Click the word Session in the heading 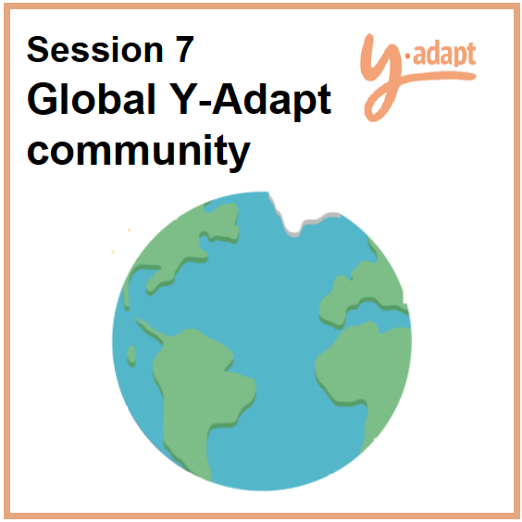pos(95,49)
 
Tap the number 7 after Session pos(184,49)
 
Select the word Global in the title pos(92,99)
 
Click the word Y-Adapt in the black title pos(250,102)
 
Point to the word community pos(139,152)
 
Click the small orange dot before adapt pos(407,59)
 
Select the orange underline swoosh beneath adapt pos(436,76)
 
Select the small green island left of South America pos(131,356)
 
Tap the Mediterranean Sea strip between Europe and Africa pos(376,314)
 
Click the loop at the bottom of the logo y pos(376,106)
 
